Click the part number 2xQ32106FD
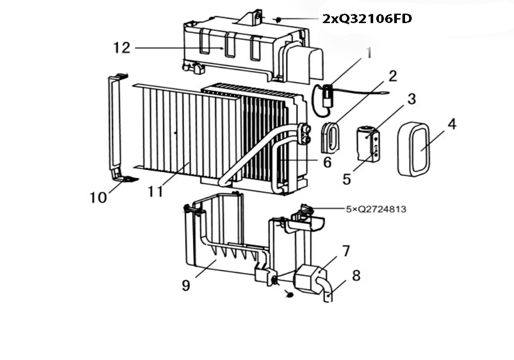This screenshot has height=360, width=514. (x=367, y=19)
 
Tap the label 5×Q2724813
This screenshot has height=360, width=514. (x=376, y=209)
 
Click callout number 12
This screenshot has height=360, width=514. (x=122, y=48)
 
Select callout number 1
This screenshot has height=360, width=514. (x=369, y=53)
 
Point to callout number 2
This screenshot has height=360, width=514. (x=393, y=76)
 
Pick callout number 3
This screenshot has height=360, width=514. (x=412, y=99)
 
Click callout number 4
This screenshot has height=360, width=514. (x=452, y=124)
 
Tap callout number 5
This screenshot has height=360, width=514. (x=347, y=179)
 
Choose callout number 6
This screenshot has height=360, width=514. (x=327, y=162)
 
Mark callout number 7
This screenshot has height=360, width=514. (x=346, y=251)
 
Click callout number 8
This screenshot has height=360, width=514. (x=356, y=276)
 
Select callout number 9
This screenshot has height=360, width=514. (x=186, y=285)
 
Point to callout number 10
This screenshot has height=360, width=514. (x=98, y=197)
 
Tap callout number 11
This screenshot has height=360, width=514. (x=155, y=191)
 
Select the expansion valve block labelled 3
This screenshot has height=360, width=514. (x=368, y=143)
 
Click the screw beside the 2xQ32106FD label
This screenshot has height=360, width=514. (x=278, y=20)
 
